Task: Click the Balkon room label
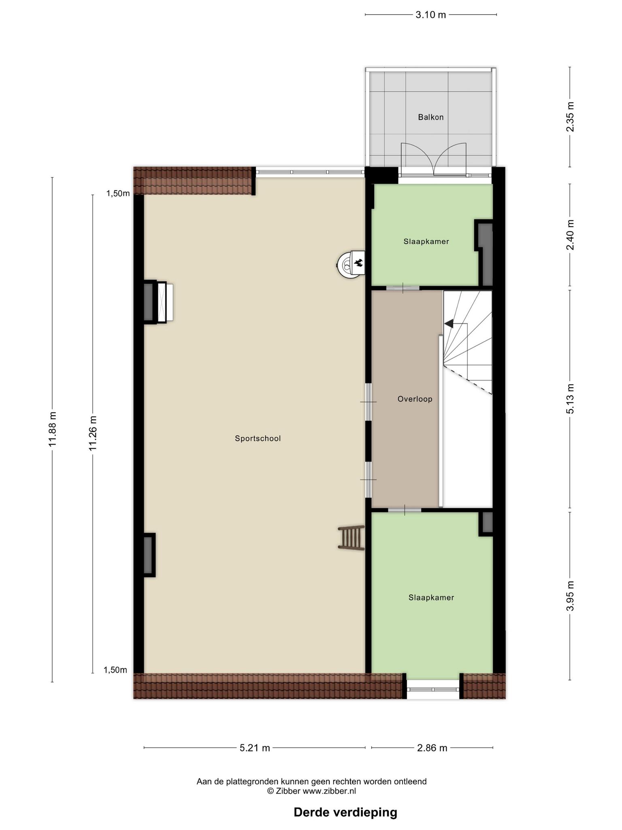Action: tap(430, 117)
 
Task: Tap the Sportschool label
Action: tap(258, 438)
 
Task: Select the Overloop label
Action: tap(415, 399)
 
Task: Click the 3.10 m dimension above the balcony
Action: tap(430, 15)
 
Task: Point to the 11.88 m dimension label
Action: tap(52, 430)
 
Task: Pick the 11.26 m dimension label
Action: tap(93, 433)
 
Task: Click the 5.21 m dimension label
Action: tap(255, 748)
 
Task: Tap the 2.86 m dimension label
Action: tap(432, 748)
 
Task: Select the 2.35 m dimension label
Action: tap(570, 117)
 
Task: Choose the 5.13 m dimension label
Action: tap(570, 399)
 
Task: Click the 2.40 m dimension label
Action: tap(570, 235)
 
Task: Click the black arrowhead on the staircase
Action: tap(449, 323)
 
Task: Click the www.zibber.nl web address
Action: tap(329, 791)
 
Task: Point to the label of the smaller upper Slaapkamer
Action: tap(426, 242)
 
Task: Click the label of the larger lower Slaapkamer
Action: tap(431, 597)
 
